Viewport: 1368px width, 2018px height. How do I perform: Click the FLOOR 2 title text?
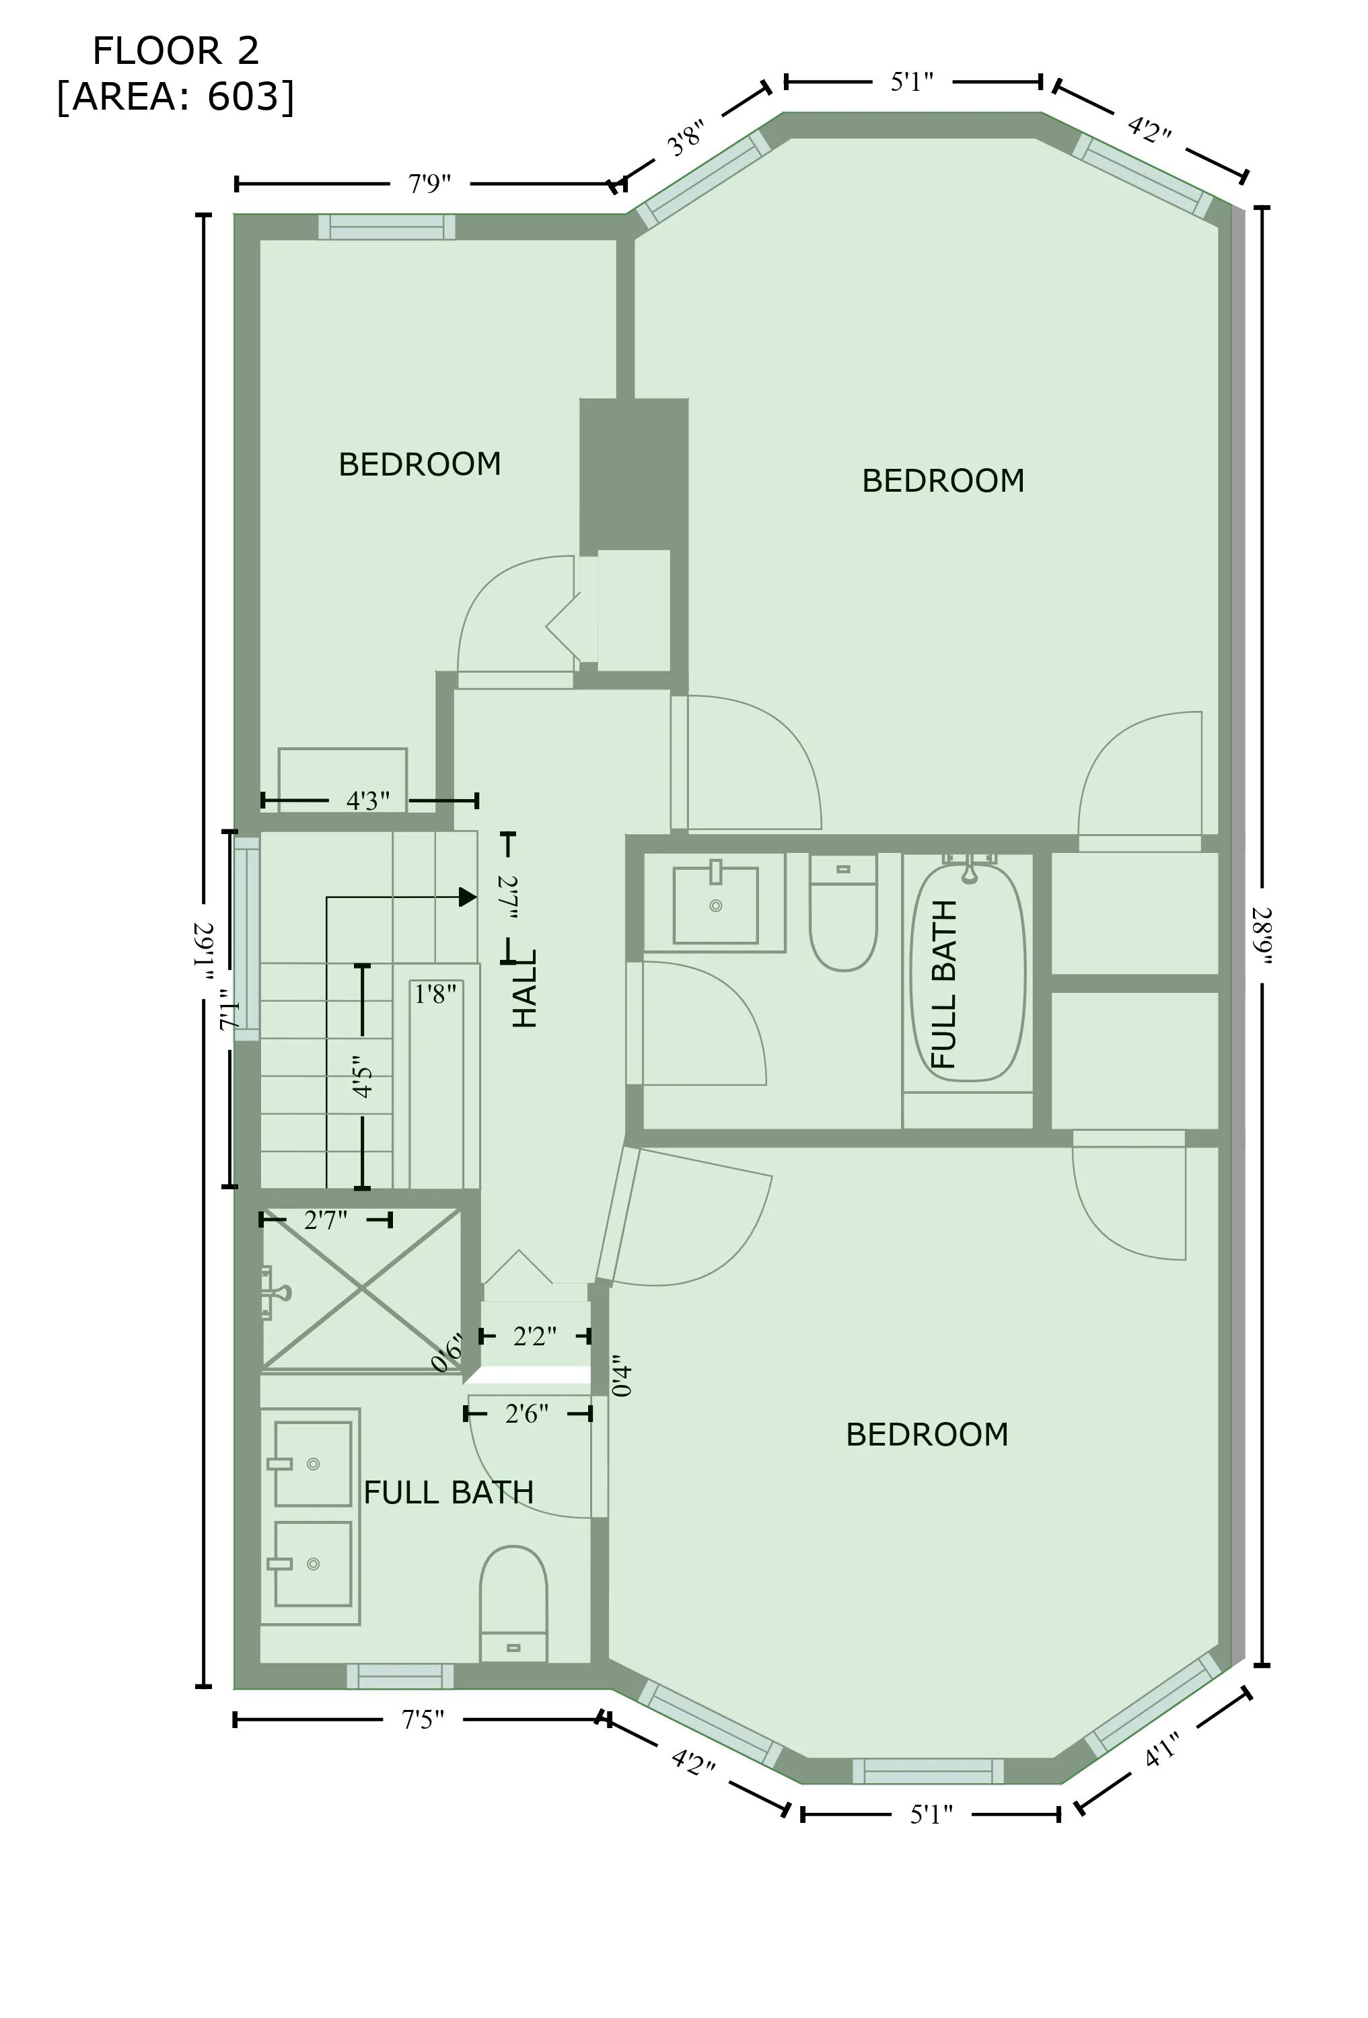176,52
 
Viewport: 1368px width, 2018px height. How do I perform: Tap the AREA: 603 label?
176,96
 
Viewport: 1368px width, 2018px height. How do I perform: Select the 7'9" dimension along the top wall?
429,184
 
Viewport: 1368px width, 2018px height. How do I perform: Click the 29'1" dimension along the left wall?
203,951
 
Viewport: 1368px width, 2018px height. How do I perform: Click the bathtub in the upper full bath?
967,973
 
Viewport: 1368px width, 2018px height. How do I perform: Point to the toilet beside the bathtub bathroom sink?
842,911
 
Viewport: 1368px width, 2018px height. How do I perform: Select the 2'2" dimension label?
534,1337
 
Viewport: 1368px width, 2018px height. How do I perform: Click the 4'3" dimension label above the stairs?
367,800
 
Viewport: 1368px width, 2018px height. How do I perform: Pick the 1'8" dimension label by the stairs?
435,994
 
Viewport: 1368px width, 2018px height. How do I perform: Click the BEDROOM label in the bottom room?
927,1435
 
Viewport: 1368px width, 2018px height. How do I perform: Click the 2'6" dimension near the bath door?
526,1415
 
